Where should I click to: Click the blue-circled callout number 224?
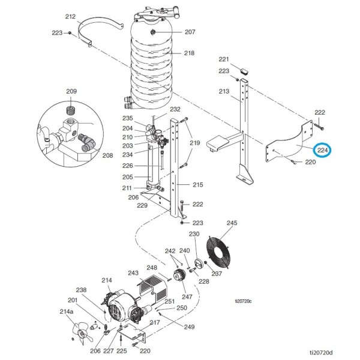[323, 151]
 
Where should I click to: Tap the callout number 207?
[190, 32]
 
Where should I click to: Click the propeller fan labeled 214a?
[82, 332]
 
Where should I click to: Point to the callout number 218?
[189, 53]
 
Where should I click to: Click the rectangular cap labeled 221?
[244, 71]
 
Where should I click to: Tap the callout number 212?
[70, 17]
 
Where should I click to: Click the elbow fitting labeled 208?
[86, 143]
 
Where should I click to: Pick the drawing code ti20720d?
[322, 352]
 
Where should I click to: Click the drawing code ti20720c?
[243, 301]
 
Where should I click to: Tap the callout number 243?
[133, 273]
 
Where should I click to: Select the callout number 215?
[198, 185]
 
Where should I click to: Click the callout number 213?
[224, 91]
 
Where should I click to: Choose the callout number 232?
[175, 109]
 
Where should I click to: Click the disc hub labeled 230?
[199, 263]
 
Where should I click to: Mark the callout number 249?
[189, 327]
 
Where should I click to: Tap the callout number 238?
[81, 290]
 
